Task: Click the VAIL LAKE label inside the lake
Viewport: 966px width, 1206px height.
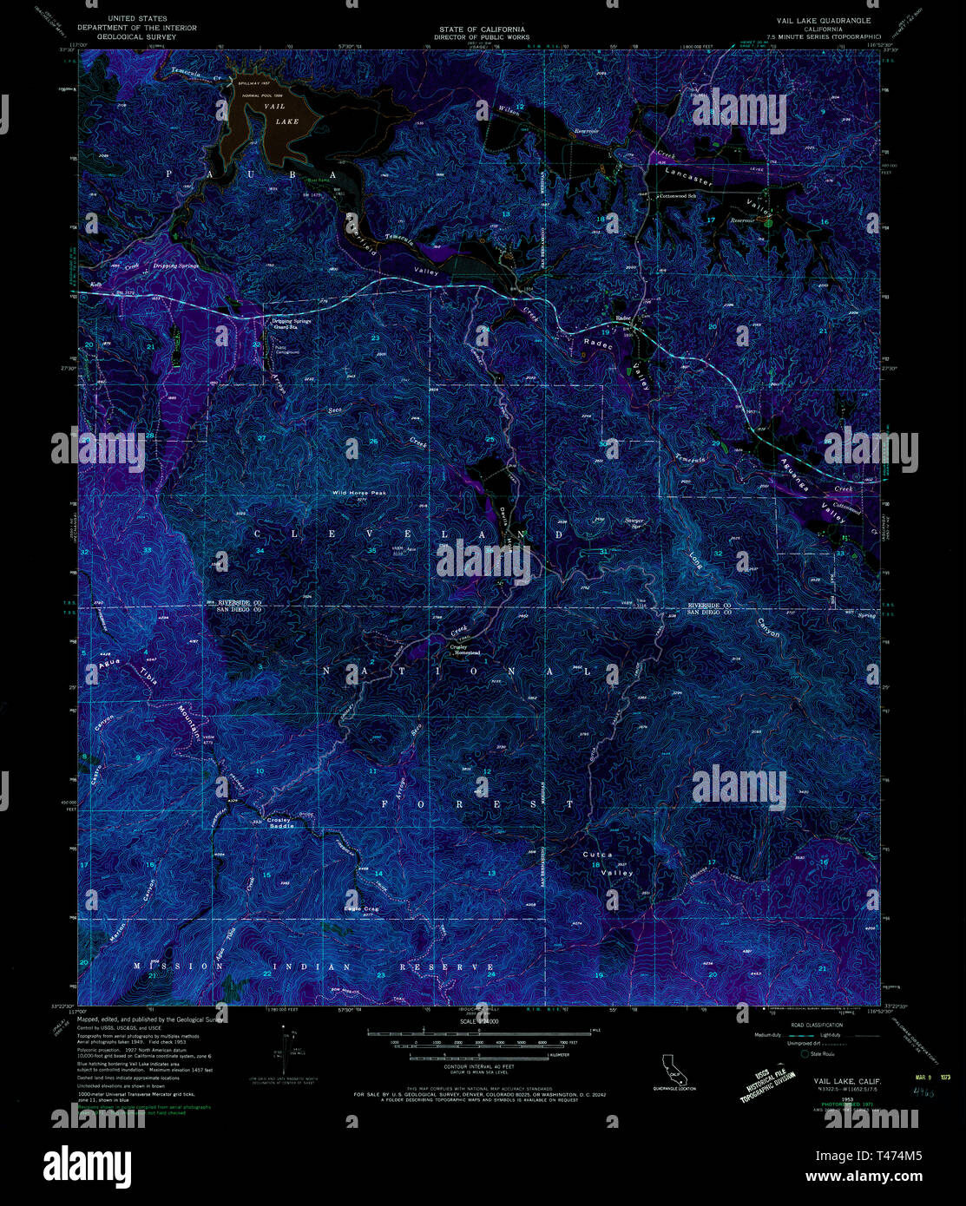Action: point(275,114)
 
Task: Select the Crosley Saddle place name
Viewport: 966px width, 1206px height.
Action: point(281,823)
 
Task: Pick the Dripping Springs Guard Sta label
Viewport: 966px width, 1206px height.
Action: point(292,324)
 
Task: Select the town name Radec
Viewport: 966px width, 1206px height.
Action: point(623,318)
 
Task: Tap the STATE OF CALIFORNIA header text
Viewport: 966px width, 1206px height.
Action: point(482,29)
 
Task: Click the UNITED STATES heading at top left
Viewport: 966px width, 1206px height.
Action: point(137,18)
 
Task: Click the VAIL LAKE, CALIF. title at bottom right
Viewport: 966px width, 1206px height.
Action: point(848,1081)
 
